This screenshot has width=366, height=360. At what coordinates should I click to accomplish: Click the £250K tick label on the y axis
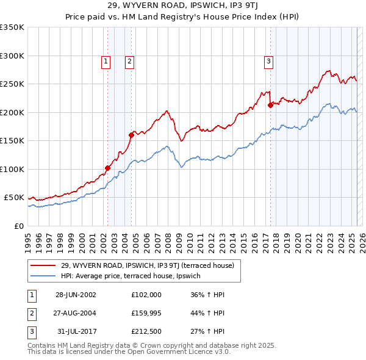click(x=12, y=84)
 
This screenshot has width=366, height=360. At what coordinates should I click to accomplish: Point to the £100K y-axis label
click(x=12, y=169)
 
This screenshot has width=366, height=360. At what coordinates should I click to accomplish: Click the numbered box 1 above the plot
click(x=106, y=60)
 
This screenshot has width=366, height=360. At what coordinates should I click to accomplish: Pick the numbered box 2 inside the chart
click(x=130, y=60)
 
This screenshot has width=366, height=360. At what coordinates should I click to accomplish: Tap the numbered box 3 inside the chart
click(x=268, y=60)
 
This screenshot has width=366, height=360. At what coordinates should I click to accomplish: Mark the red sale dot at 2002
click(x=108, y=168)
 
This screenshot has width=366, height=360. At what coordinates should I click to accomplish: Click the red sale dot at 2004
click(x=131, y=135)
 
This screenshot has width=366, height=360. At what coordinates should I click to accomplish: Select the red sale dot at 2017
click(x=270, y=105)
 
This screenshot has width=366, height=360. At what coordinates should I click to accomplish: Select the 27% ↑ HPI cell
click(x=207, y=332)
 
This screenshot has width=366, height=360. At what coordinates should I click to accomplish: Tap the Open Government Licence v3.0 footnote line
click(x=129, y=352)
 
